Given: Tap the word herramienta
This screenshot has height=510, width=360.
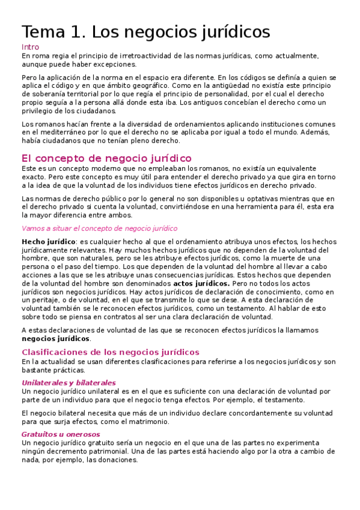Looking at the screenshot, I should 260,207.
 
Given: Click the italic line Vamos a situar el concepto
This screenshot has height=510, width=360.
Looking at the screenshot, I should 99,229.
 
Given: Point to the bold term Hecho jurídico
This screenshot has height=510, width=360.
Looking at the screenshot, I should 44,242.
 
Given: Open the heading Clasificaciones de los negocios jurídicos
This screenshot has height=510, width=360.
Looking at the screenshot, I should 110,352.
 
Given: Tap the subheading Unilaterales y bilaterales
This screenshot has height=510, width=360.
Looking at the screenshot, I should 69,382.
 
